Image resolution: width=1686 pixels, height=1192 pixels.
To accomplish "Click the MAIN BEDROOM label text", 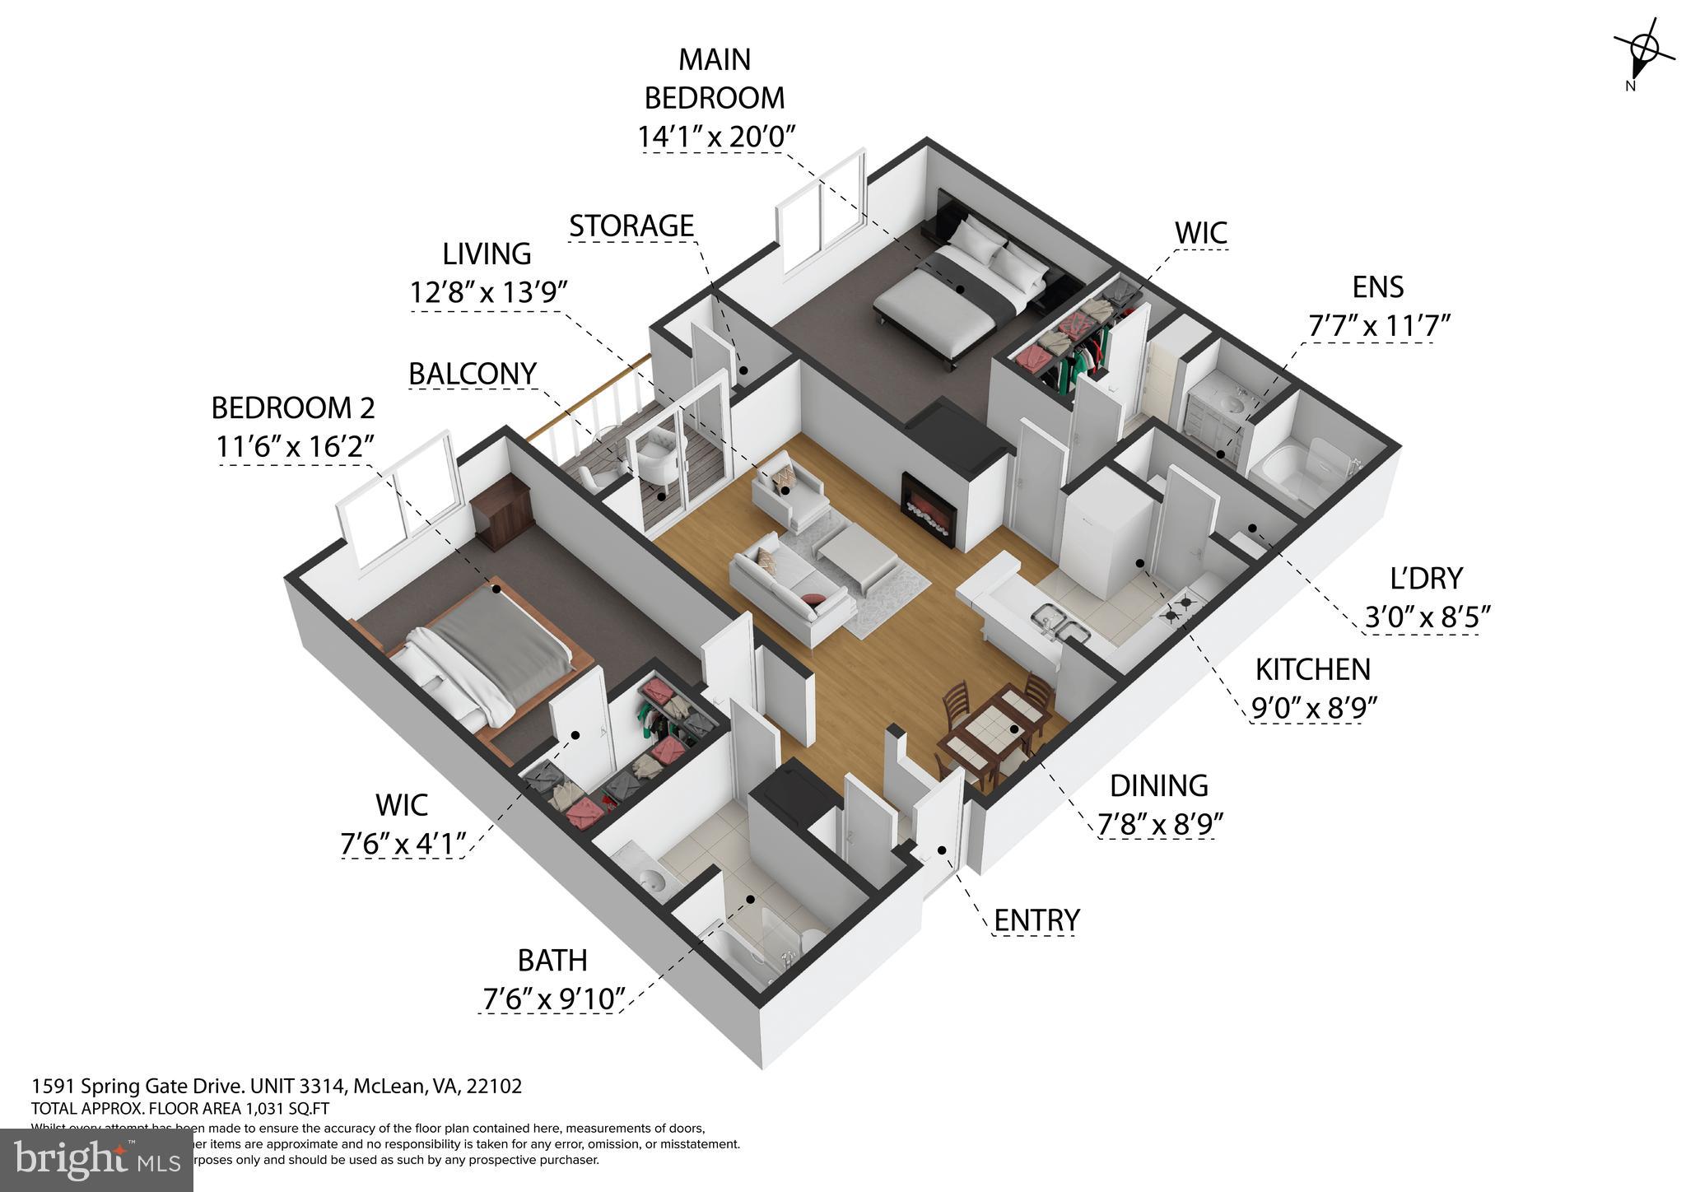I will (714, 79).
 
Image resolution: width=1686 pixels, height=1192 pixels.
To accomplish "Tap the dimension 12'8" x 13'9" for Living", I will (490, 292).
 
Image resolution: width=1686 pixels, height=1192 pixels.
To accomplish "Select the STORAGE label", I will (631, 226).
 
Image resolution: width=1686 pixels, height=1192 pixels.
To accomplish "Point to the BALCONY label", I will (473, 374).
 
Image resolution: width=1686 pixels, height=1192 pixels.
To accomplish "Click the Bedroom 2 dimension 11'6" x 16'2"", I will (296, 446).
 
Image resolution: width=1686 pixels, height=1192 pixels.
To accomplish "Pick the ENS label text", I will (1377, 287).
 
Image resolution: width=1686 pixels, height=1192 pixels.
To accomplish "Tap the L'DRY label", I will (1426, 579).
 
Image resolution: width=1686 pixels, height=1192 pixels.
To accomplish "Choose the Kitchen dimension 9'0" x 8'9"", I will (1313, 707).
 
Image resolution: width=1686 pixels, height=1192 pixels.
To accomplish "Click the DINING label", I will (1158, 785).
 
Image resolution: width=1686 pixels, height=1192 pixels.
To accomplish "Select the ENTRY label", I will (1036, 920).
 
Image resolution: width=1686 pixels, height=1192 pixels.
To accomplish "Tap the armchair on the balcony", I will (663, 458).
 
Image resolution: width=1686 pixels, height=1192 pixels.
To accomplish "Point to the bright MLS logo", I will (96, 1161).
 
